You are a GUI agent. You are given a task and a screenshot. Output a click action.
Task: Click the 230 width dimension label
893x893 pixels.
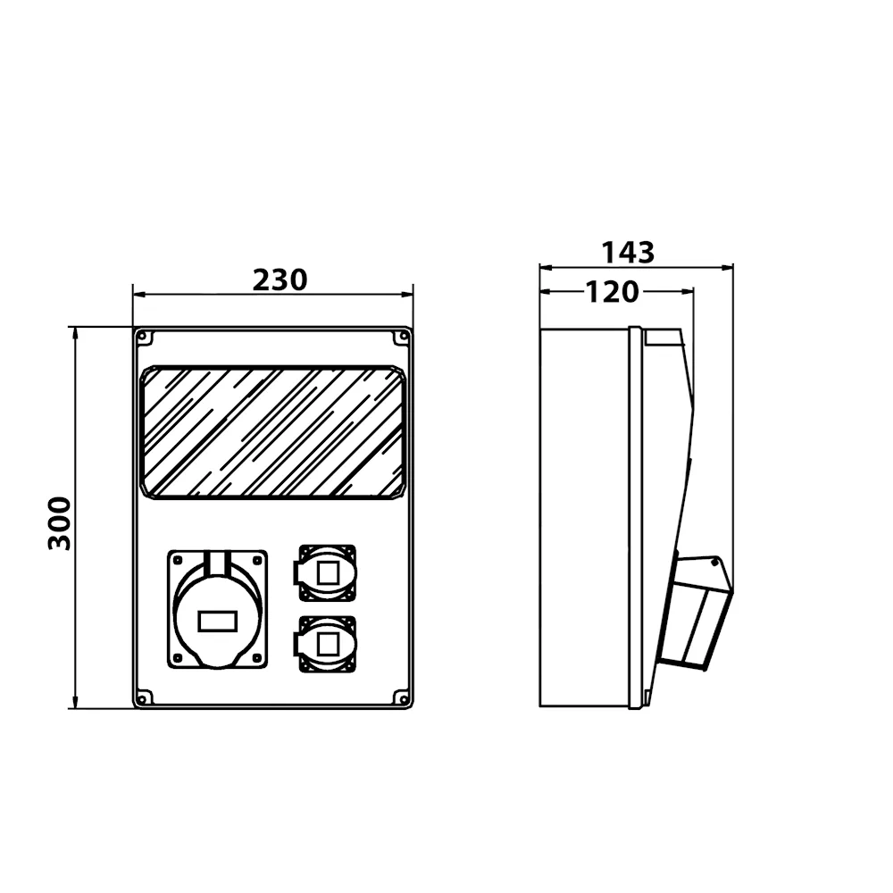tap(280, 280)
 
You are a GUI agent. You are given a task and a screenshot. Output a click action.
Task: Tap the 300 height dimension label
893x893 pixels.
tap(59, 523)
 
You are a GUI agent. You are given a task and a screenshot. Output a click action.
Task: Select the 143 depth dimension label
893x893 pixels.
tap(628, 253)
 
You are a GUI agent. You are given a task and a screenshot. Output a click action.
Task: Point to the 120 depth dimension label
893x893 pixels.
tap(613, 292)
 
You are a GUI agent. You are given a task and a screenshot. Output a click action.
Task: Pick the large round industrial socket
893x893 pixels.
tap(218, 609)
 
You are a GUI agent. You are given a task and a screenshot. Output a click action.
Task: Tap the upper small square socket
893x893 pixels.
tap(326, 573)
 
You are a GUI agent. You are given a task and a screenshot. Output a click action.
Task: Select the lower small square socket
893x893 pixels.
tap(326, 645)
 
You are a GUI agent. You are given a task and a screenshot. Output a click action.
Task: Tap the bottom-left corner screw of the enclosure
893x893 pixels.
tap(144, 697)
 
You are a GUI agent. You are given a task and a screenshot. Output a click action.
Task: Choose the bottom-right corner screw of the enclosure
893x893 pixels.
tap(403, 697)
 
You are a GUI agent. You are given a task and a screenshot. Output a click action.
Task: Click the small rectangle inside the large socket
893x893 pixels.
tap(218, 621)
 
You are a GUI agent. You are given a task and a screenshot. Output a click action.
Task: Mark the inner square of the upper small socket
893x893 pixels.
tap(328, 573)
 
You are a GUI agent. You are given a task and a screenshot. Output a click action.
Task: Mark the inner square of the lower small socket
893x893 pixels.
tap(328, 645)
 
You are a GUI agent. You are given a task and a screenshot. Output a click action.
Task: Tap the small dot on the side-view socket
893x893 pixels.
tap(714, 563)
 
